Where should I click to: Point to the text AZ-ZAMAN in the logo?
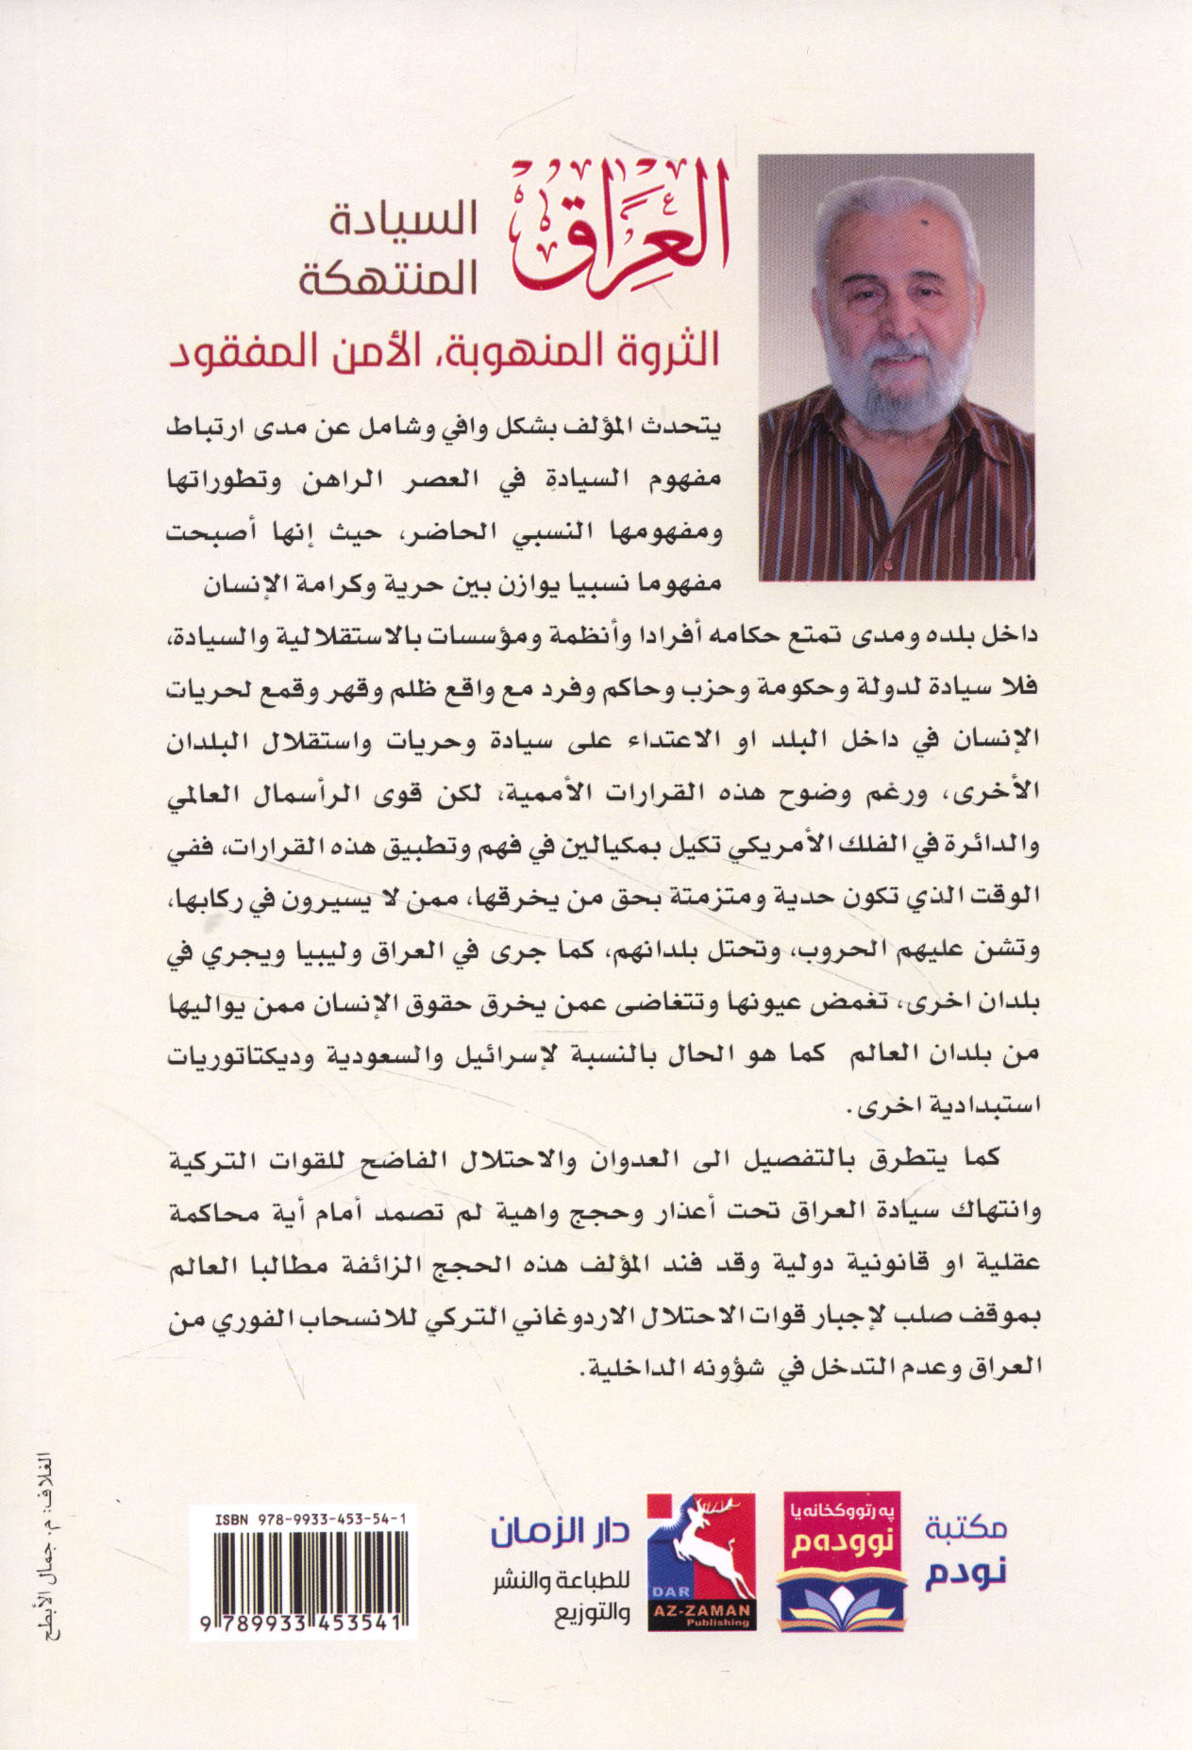pyautogui.click(x=701, y=1610)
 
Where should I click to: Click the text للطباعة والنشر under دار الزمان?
pyautogui.click(x=561, y=1582)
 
